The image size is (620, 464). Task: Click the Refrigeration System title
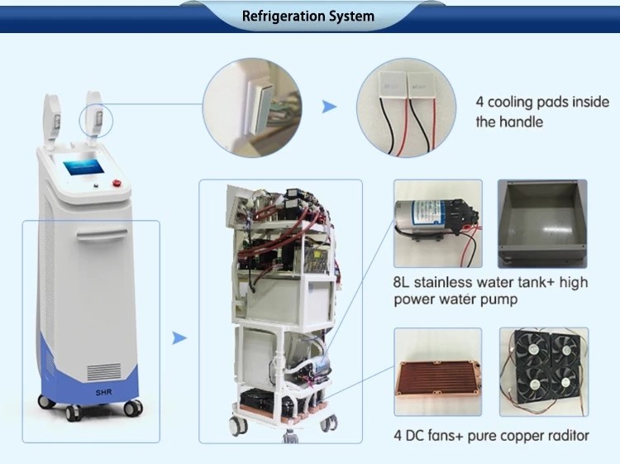308,17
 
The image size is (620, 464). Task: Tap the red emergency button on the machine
117,183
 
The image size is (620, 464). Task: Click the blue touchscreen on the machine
83,167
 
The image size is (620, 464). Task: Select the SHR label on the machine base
103,392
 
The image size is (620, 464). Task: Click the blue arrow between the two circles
329,107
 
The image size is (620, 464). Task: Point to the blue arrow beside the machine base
179,337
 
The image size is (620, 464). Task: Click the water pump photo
437,223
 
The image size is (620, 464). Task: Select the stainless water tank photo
542,224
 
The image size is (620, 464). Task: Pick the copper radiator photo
437,372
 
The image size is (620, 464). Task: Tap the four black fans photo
544,372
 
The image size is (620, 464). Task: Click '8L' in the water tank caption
401,282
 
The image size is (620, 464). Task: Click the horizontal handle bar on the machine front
102,235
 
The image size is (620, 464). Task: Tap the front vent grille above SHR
104,372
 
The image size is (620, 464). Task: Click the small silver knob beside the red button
96,185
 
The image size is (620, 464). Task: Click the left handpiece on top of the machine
53,121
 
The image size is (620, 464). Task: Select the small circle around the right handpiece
96,120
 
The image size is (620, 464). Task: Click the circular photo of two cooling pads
406,108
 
